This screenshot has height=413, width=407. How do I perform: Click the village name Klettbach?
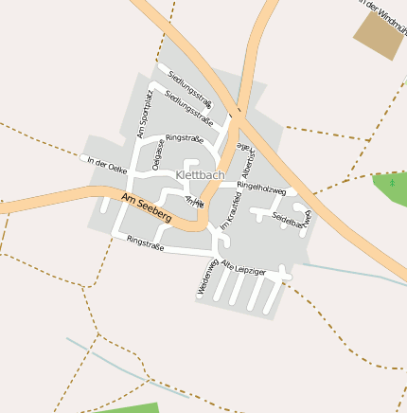[200, 175]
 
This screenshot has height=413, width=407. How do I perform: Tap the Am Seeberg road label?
[147, 206]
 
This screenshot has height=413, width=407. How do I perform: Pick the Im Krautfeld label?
[231, 210]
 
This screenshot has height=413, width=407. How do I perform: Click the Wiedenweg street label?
[208, 277]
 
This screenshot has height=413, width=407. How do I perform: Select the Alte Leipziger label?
[243, 266]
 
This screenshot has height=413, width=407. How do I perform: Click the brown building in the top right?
[376, 37]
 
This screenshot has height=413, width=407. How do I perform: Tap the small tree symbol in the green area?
[392, 183]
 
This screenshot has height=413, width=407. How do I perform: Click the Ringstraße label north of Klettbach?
[185, 138]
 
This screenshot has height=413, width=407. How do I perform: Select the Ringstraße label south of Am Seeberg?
[145, 243]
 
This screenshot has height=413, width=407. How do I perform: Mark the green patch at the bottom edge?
[133, 407]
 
